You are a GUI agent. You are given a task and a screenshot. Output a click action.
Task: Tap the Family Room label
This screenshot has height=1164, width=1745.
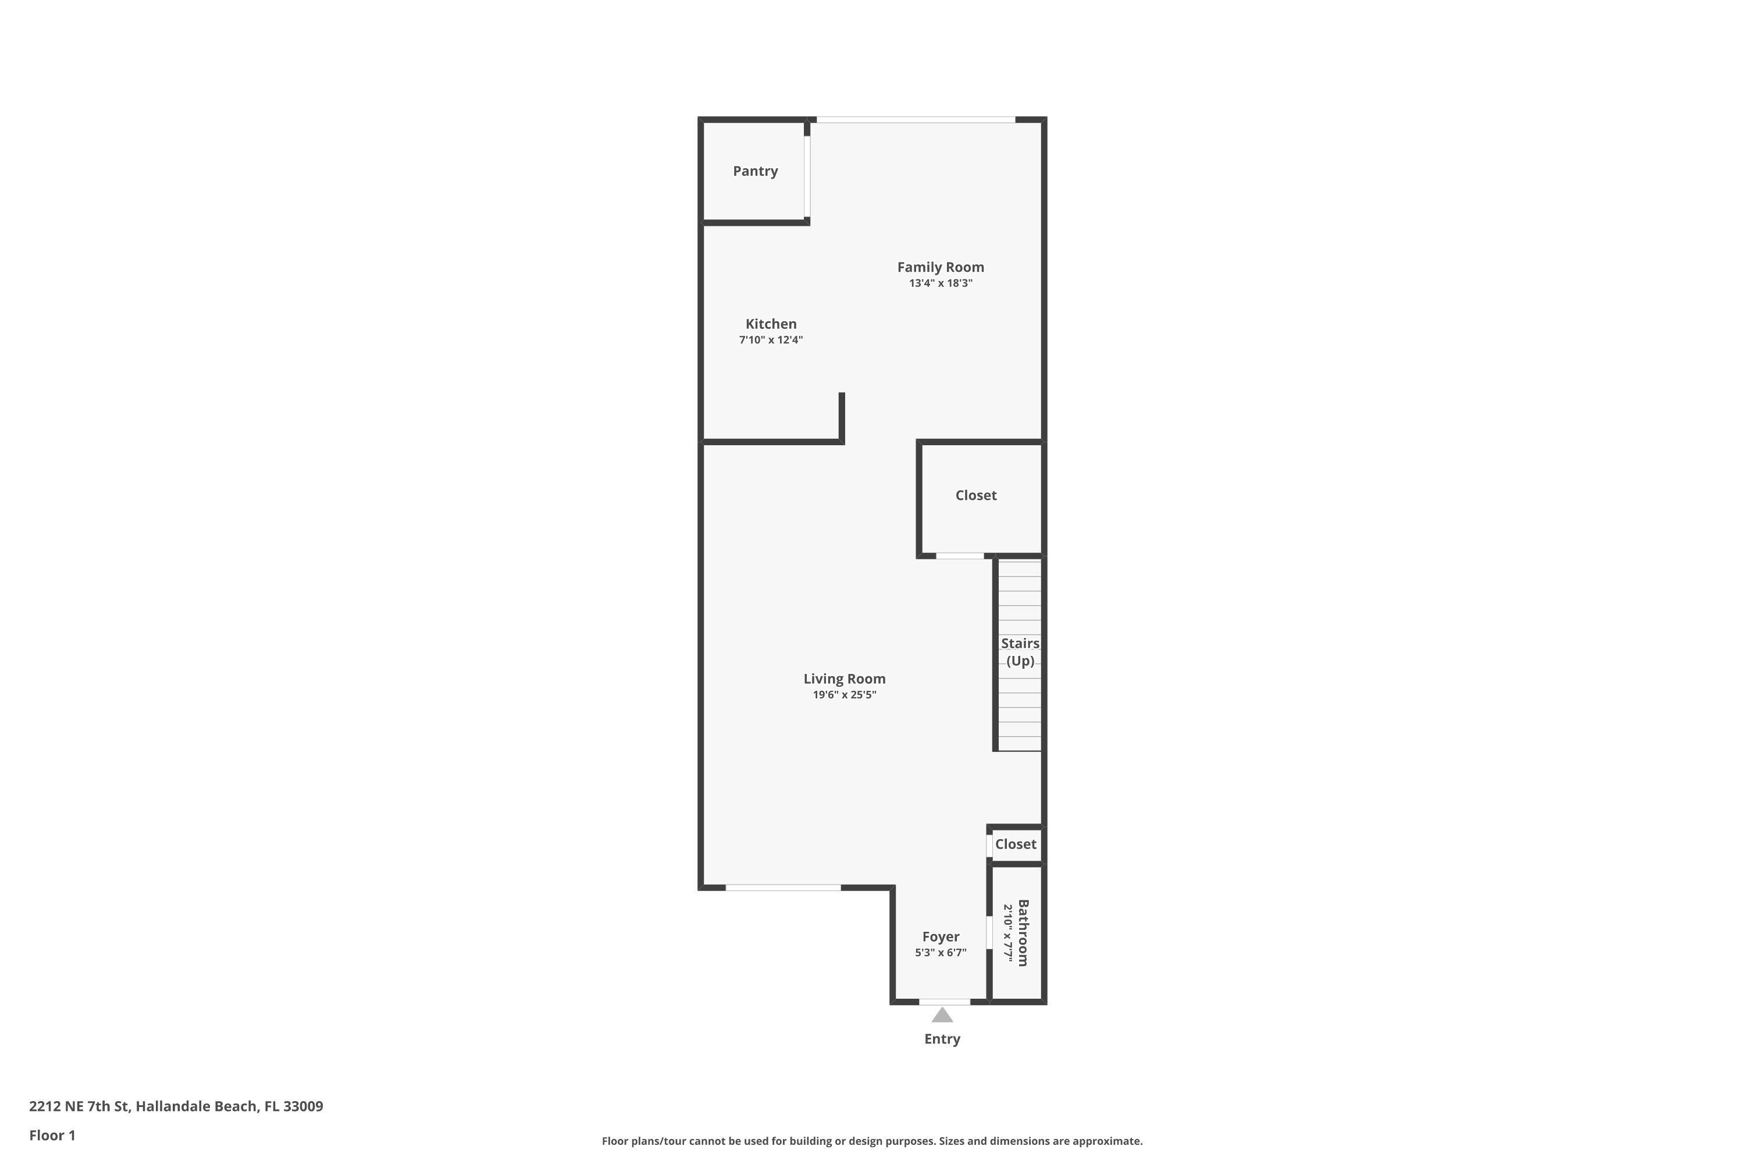click(940, 267)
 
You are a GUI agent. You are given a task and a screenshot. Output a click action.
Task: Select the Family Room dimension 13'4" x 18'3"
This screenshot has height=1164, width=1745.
click(940, 283)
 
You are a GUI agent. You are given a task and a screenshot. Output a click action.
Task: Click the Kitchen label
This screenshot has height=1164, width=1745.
click(771, 324)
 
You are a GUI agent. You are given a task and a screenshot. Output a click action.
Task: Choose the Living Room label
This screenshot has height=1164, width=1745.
click(845, 679)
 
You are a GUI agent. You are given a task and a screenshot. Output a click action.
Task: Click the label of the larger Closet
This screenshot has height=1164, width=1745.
click(975, 496)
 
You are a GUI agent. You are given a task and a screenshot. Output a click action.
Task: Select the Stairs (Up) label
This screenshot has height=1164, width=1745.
click(1020, 652)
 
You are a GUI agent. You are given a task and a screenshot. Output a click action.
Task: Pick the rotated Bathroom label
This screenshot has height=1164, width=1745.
click(1023, 933)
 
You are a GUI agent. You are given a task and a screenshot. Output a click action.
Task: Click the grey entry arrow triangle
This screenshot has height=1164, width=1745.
click(942, 1016)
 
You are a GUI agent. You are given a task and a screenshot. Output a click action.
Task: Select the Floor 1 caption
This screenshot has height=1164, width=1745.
click(52, 1135)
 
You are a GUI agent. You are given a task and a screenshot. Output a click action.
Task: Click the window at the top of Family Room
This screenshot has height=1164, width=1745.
click(916, 119)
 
